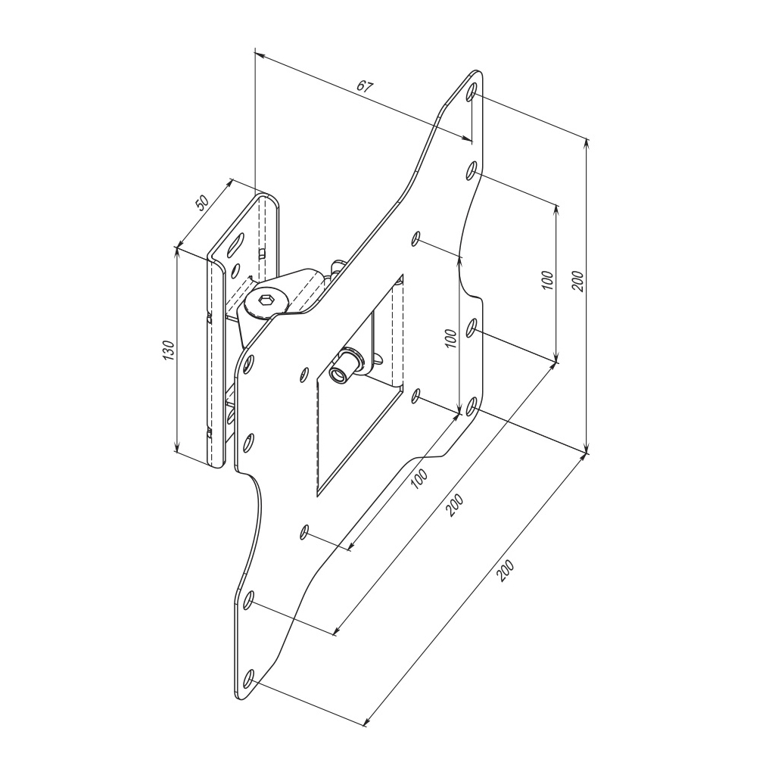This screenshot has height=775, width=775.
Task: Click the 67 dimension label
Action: coord(365,86)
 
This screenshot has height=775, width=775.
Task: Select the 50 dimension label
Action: coord(202,204)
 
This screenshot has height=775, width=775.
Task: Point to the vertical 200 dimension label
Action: coord(577,282)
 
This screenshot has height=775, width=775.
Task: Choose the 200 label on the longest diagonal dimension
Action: coord(506,571)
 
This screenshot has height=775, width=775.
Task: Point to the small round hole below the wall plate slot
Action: coord(236,269)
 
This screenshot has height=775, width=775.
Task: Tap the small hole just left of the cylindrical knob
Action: coord(304,373)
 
